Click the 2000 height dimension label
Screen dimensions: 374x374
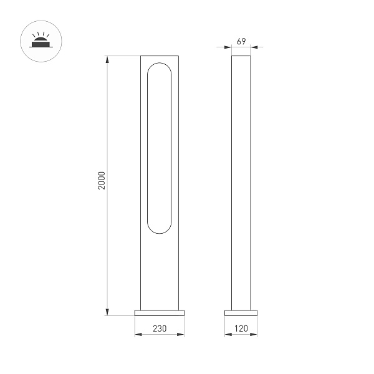pyautogui.click(x=103, y=181)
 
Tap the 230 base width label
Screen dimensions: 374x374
pyautogui.click(x=160, y=327)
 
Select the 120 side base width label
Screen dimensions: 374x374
pyautogui.click(x=241, y=327)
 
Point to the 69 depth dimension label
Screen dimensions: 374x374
pyautogui.click(x=241, y=41)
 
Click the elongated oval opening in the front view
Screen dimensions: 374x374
pyautogui.click(x=160, y=148)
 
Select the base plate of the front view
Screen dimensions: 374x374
pyautogui.click(x=160, y=312)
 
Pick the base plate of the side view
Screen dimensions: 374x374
pyautogui.click(x=241, y=312)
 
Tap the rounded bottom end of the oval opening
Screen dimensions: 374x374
pyautogui.click(x=160, y=230)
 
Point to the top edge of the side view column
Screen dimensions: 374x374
pyautogui.click(x=241, y=57)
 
